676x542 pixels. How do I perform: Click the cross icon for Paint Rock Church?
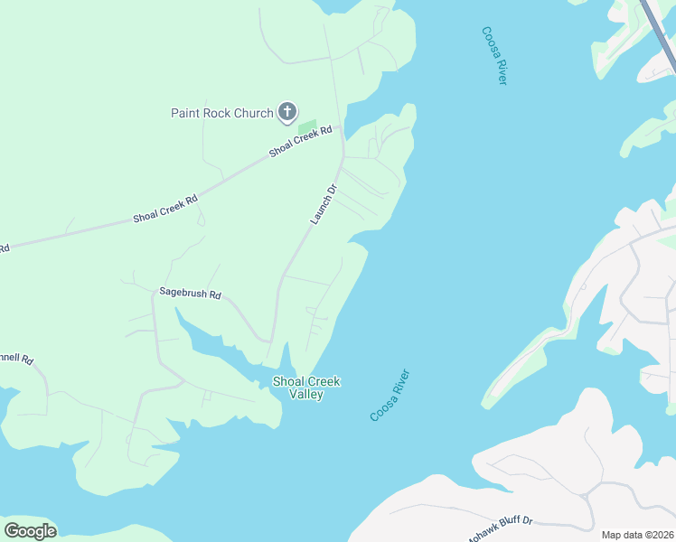[x=287, y=112]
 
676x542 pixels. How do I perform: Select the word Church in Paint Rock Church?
[x=253, y=113]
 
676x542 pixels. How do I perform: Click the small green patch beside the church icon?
[x=307, y=127]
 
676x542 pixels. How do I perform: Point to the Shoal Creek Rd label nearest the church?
[x=301, y=142]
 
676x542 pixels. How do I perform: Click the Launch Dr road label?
[x=323, y=204]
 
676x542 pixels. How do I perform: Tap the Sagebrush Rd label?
[x=190, y=293]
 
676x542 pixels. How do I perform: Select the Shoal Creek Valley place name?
[x=306, y=388]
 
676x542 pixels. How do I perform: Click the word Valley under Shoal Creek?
[x=306, y=394]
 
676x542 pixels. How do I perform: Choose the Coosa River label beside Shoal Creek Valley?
[x=390, y=395]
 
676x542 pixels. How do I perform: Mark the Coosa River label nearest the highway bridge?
[x=494, y=56]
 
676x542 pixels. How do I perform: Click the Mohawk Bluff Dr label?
[x=500, y=530]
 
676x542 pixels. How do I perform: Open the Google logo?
[x=30, y=530]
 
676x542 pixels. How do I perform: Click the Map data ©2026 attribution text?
[x=637, y=535]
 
